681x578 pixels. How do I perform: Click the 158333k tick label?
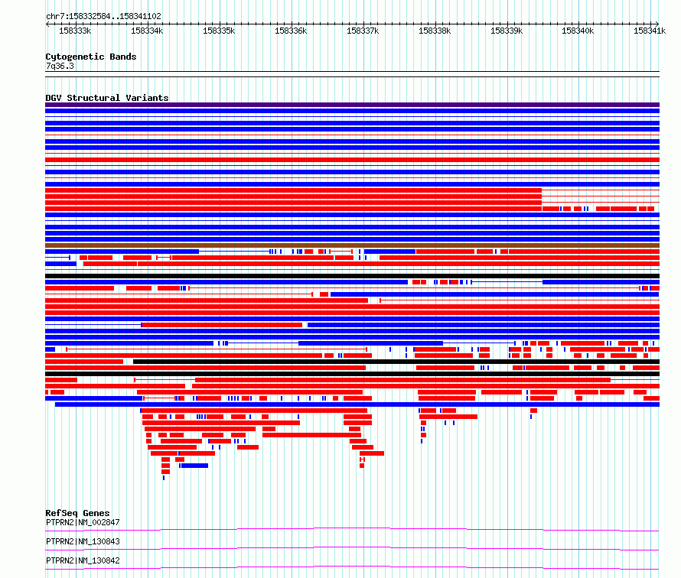pos(75,31)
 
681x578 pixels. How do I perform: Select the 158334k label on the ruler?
pos(147,31)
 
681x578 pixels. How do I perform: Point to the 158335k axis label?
pos(219,31)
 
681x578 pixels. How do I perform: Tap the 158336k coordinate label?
pos(291,31)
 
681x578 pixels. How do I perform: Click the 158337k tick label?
pos(363,31)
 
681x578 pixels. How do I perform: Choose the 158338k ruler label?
pos(435,31)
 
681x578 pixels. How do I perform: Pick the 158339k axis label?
pos(507,31)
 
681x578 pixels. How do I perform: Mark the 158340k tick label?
pos(578,31)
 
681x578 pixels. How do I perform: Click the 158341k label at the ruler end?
pos(650,31)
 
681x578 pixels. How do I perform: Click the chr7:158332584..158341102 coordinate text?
pos(103,17)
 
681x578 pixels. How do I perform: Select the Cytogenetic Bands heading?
pos(91,57)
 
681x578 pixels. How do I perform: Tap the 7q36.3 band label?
pos(60,66)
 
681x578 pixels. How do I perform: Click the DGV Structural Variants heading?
pos(107,98)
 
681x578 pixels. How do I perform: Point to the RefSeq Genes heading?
pos(78,513)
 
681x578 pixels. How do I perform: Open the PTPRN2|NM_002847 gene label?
pos(83,522)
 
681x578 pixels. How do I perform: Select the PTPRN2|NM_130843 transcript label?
pos(83,541)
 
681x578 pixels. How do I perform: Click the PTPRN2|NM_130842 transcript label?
pos(83,560)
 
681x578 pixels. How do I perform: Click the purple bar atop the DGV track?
pos(352,105)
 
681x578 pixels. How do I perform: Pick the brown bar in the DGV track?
pos(352,245)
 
